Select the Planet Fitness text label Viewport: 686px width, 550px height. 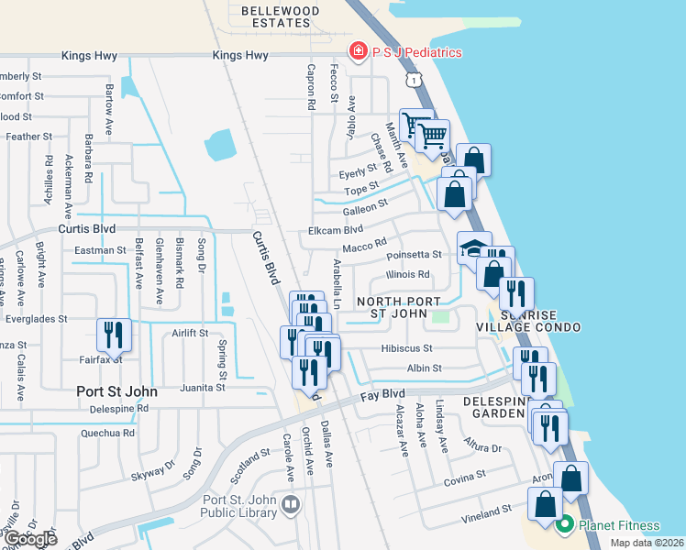(x=618, y=525)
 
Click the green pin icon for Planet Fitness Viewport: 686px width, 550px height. (x=564, y=525)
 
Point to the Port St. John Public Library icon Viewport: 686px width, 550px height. (x=291, y=503)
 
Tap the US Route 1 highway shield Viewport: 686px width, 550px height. (x=417, y=82)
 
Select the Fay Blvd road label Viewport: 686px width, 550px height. (x=382, y=393)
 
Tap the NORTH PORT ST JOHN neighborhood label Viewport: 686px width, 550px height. (x=392, y=307)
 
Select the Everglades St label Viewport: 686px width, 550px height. (x=38, y=319)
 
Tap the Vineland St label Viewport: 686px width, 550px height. (x=485, y=510)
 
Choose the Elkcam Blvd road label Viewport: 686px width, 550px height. (x=337, y=229)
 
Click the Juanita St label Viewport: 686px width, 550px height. (x=203, y=388)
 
